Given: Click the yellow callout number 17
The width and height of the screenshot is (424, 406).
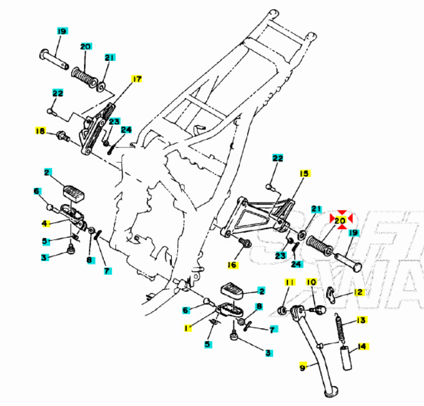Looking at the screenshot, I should (136, 79).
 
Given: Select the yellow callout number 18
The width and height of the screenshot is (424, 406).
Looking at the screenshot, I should (40, 131).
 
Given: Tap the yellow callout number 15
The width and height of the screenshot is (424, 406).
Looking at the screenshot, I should (304, 174).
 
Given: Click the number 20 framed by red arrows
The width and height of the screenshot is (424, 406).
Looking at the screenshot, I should (340, 220).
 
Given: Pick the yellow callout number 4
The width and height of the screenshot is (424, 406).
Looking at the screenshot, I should (45, 223).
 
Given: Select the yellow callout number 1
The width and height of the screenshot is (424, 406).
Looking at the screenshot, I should (187, 328).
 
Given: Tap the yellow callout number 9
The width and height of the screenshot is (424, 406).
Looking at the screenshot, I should (303, 367).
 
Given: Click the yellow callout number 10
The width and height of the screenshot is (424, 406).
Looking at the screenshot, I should (311, 282).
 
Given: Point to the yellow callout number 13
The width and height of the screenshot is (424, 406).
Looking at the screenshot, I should (361, 320).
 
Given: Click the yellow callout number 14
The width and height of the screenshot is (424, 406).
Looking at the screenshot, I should (361, 346).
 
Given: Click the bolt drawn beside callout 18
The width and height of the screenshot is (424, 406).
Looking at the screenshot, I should (62, 134).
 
